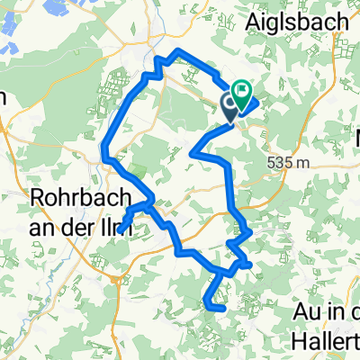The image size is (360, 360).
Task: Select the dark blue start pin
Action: click(230, 108)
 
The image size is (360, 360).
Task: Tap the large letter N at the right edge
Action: click(354, 139)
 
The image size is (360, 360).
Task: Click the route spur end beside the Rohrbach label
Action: click(121, 230)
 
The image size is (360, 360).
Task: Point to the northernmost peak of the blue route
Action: click(180, 50)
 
